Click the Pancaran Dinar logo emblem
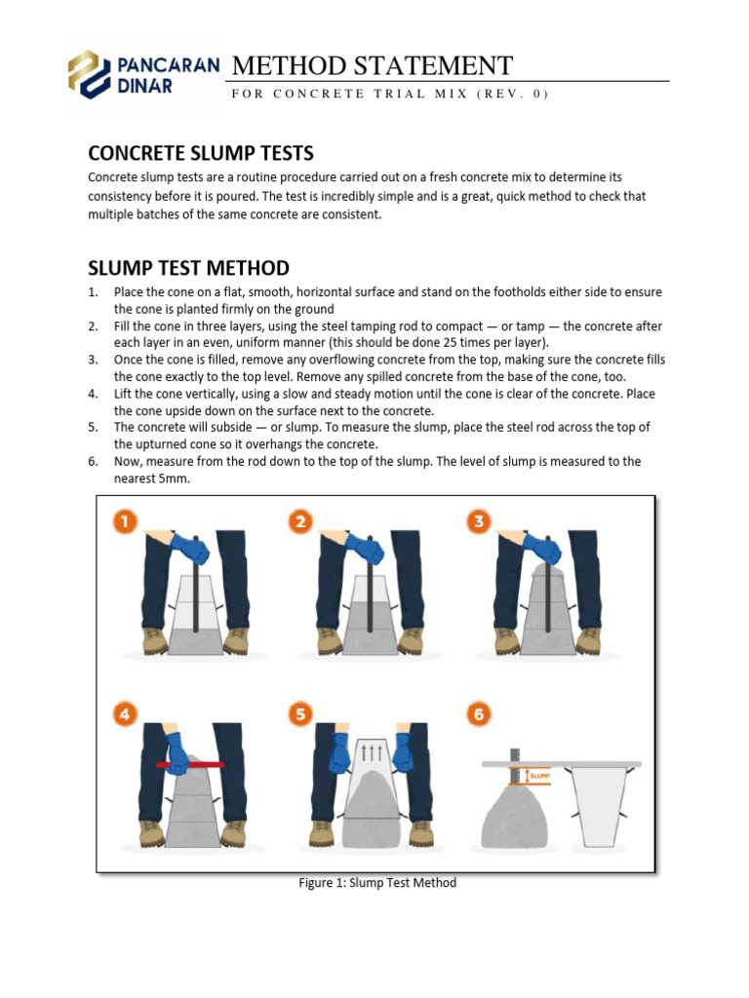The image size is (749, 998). (x=90, y=75)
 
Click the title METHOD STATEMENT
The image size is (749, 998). (x=372, y=65)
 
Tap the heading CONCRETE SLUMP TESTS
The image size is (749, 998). (x=200, y=153)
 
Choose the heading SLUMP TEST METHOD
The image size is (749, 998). (x=188, y=267)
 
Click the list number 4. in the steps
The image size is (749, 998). (x=94, y=394)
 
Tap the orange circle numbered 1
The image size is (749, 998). (x=125, y=521)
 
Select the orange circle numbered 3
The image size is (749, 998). (x=478, y=521)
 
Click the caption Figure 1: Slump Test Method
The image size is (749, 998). (x=376, y=883)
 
